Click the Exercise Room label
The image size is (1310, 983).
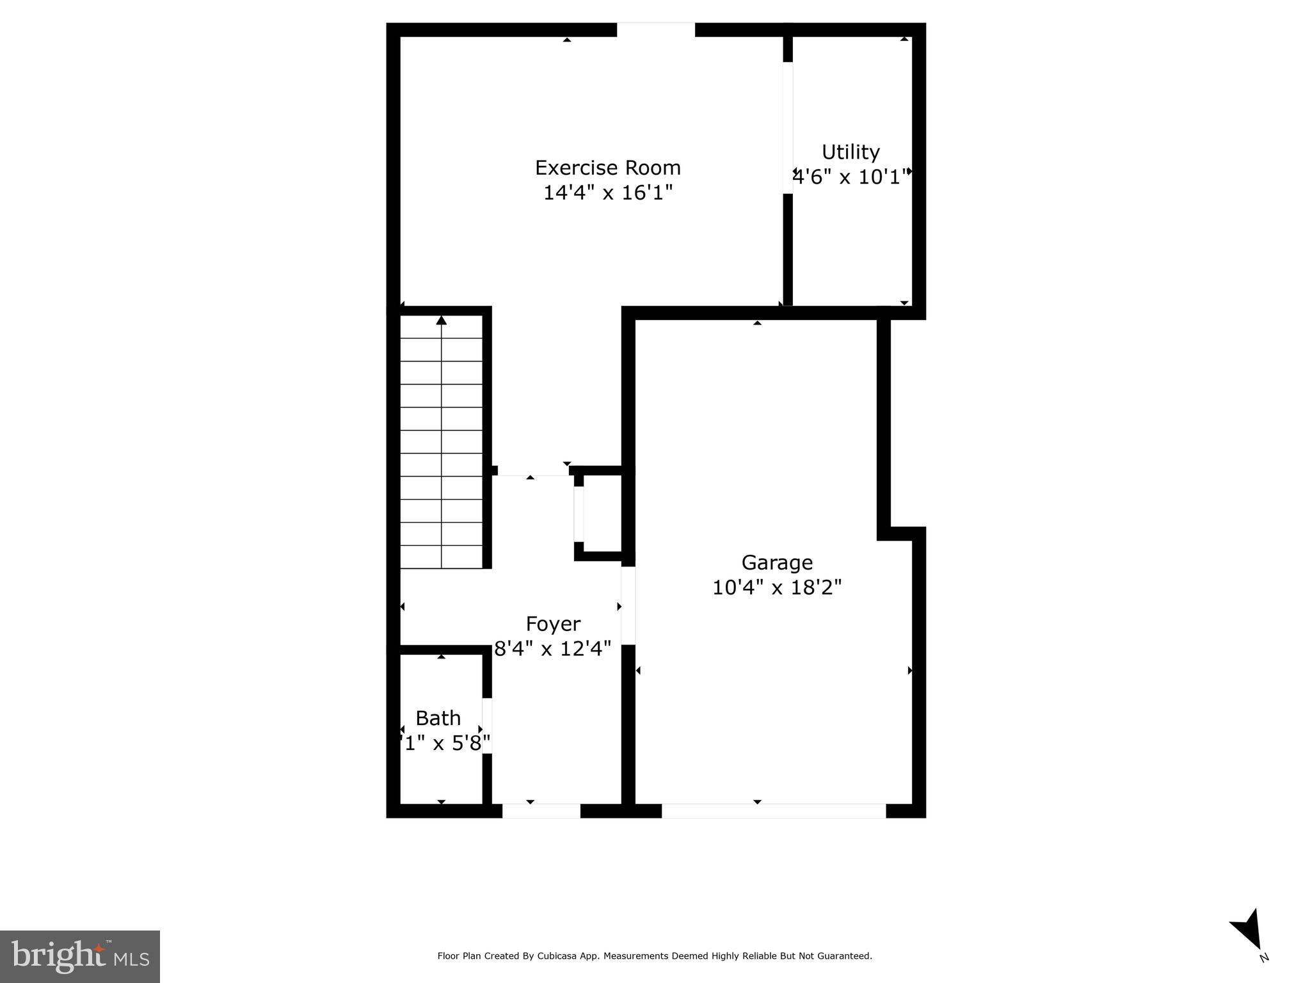coord(607,168)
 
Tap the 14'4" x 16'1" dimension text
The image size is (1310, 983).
coord(607,193)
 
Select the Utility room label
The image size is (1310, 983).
coord(851,152)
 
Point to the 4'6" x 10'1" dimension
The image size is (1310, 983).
coord(851,177)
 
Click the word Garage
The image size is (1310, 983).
coord(777,563)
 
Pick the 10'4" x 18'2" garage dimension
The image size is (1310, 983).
coord(777,587)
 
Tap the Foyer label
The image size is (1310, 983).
coord(553,624)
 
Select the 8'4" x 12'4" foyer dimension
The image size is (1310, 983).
coord(553,649)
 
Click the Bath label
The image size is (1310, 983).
coord(438,718)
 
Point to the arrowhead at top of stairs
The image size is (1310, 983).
coord(442,320)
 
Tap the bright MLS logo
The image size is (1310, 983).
coord(80,956)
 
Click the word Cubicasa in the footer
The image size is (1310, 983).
coord(558,956)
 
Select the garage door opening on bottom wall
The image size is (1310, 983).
coord(773,811)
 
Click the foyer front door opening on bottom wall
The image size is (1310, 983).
coord(541,811)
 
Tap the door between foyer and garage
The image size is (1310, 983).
coord(628,605)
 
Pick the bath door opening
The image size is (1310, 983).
coord(487,726)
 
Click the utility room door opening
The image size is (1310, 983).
coord(788,128)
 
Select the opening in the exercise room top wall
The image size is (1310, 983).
coord(655,29)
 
